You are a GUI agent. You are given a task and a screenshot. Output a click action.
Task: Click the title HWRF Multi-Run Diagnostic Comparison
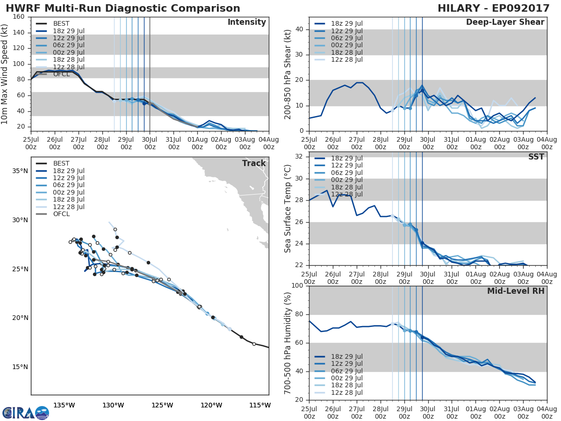(123, 8)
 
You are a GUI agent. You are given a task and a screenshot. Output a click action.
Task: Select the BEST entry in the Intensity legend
(61, 23)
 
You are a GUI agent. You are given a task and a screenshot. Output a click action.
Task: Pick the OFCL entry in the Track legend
(61, 214)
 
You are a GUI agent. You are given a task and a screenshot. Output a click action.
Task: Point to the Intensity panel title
(246, 22)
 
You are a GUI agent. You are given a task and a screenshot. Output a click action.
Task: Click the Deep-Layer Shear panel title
(505, 22)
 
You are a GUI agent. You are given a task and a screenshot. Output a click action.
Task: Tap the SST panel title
(536, 157)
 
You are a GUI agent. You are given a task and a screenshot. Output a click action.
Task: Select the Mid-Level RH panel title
(516, 291)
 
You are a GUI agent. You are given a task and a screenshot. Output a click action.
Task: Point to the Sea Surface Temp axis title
(288, 208)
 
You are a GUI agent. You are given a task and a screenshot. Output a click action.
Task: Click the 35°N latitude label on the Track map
(20, 171)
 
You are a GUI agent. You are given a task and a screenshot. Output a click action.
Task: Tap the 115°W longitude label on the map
(259, 405)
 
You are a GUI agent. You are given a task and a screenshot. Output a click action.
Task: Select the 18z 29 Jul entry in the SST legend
(346, 159)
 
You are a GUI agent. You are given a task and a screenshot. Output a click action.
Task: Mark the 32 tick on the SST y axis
(301, 157)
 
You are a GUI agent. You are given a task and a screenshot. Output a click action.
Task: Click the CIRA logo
(25, 413)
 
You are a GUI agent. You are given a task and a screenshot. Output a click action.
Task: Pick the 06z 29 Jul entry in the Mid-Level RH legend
(346, 371)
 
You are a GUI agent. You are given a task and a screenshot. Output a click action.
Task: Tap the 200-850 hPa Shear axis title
(288, 74)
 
